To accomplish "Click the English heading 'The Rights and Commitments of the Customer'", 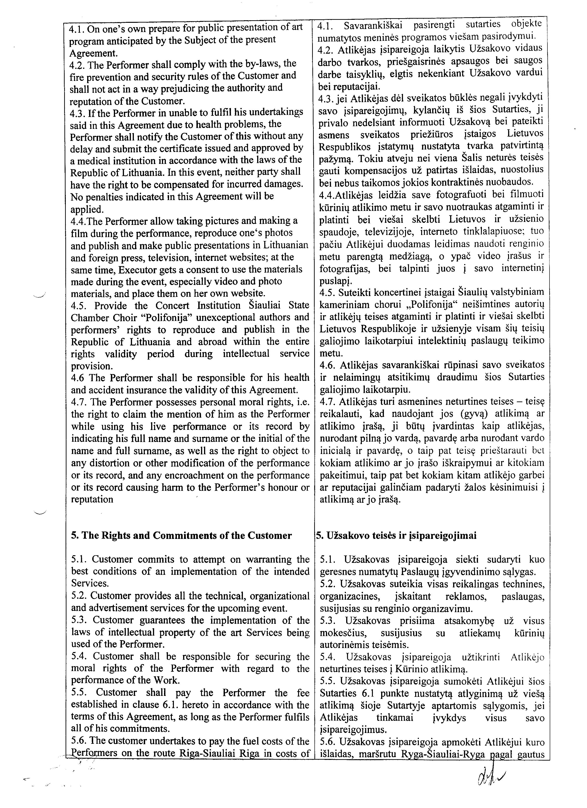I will tap(181, 535).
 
